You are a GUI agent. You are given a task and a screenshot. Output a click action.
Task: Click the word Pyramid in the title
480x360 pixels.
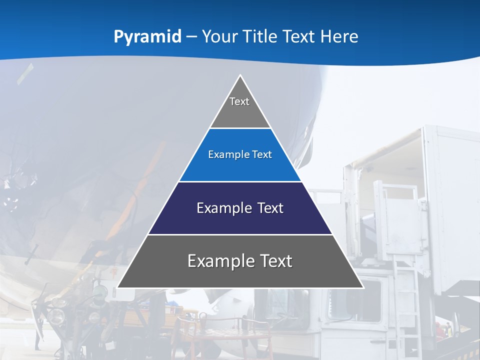pos(147,36)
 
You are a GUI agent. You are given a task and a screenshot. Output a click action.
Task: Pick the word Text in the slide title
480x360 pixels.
pos(300,36)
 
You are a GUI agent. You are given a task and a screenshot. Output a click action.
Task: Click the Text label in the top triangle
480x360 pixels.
pos(239,101)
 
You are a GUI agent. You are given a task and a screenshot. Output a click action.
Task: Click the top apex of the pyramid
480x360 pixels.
pos(240,76)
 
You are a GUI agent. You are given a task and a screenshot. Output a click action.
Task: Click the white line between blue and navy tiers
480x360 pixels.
pos(240,181)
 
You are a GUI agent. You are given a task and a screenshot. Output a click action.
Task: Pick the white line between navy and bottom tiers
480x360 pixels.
pos(240,234)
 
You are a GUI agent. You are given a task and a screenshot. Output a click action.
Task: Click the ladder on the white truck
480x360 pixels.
pos(406,295)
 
